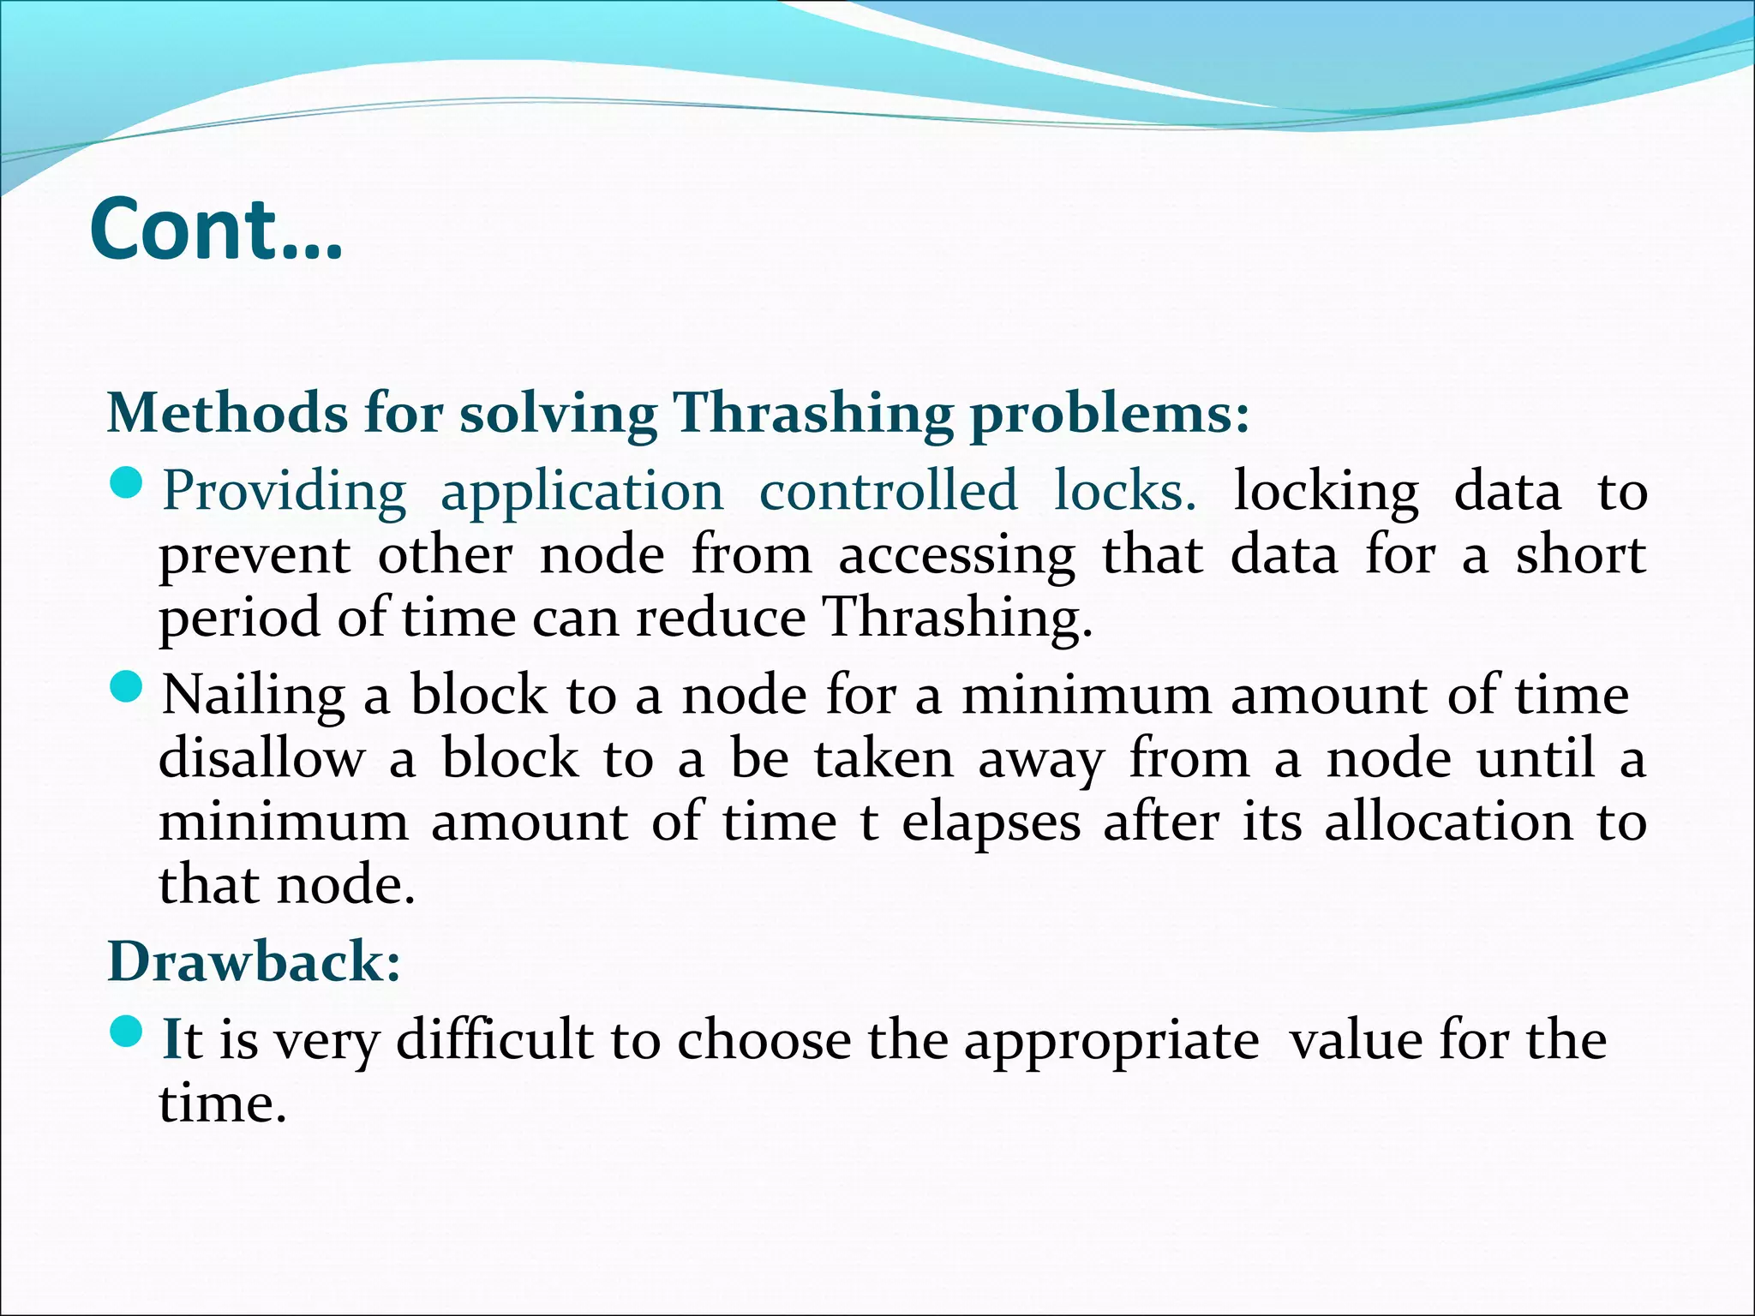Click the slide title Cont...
(x=216, y=230)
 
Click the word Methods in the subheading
(x=227, y=413)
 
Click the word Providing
(x=285, y=492)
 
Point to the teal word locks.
(x=1124, y=490)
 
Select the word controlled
(x=889, y=490)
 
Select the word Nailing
(x=254, y=695)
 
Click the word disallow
(x=261, y=759)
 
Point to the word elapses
(x=991, y=823)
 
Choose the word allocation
(x=1448, y=822)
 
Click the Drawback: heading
(x=254, y=961)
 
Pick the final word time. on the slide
(x=222, y=1104)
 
